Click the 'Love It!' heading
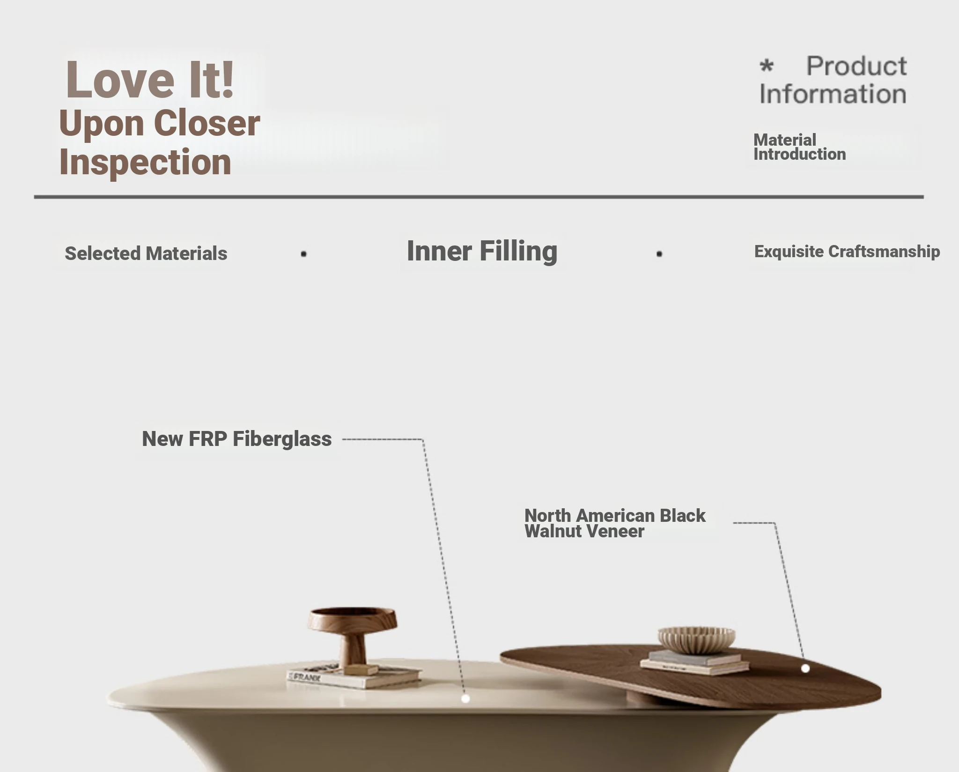coord(150,80)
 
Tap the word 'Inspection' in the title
coord(145,162)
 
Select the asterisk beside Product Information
coord(767,66)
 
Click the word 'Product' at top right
coord(856,66)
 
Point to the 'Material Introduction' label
coord(799,147)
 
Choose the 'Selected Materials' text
coord(146,253)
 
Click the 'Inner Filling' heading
coord(482,251)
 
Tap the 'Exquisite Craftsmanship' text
coord(847,252)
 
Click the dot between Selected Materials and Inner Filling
coord(303,254)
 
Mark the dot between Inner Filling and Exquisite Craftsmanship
coord(659,254)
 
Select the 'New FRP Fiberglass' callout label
coord(236,439)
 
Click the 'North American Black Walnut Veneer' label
coord(615,523)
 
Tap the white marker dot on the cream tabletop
coord(465,698)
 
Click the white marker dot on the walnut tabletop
coord(805,668)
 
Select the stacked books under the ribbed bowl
coord(694,662)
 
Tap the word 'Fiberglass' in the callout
coord(282,439)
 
